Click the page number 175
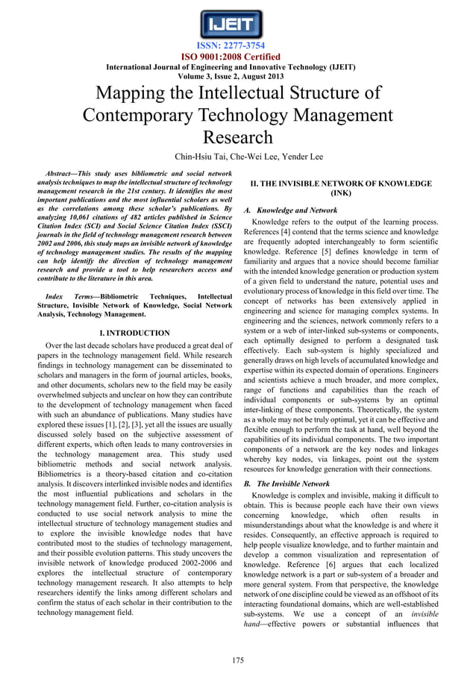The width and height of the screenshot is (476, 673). point(238,660)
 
